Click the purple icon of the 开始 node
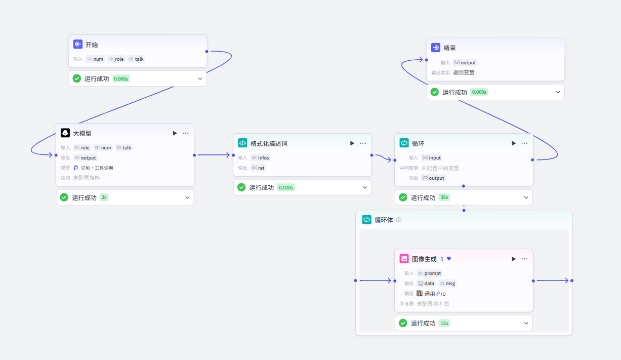point(78,45)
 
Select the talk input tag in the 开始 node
point(136,59)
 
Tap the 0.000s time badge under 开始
point(121,79)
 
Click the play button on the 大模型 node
point(175,133)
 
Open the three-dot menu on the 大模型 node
point(185,133)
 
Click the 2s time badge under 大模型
point(104,197)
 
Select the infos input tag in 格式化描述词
point(260,158)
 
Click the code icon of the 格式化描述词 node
point(242,143)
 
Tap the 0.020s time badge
point(286,188)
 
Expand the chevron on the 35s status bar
point(526,197)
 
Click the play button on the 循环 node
point(513,143)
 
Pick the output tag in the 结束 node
point(465,63)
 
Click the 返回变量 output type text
point(464,73)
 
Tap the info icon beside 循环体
point(399,220)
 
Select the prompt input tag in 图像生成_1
point(429,273)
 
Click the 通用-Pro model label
point(431,294)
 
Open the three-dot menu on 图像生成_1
point(524,259)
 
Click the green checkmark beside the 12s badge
point(403,323)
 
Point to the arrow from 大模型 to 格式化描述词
point(214,155)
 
